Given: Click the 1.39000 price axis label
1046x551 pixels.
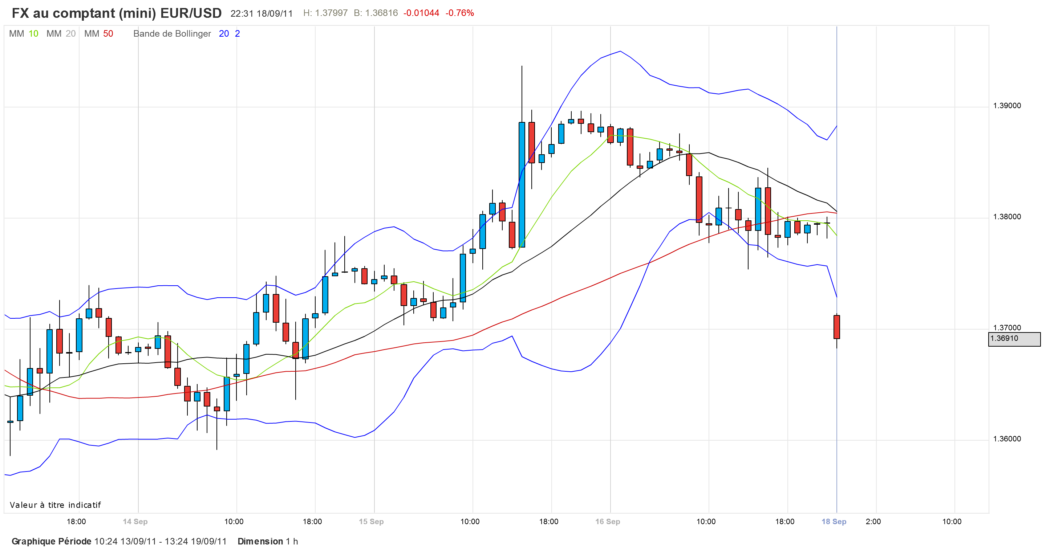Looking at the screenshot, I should click(1007, 106).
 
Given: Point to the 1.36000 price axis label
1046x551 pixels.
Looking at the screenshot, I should click(1007, 439).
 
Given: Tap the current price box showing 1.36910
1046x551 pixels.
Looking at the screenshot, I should click(1014, 339).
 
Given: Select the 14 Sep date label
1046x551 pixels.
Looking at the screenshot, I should click(135, 522).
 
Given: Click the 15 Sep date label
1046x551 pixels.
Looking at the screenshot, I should click(371, 522).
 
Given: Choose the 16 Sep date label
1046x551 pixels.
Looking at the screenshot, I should click(608, 522).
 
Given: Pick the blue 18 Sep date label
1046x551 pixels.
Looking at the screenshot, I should click(834, 522).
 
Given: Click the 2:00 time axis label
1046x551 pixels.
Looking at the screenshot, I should click(873, 522).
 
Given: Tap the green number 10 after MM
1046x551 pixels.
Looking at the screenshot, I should click(33, 34).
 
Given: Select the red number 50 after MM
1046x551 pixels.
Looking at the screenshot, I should click(108, 34).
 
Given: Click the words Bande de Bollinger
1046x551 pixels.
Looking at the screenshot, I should click(172, 34).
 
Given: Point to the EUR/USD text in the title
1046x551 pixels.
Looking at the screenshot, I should click(191, 13).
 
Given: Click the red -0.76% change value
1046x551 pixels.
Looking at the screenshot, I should click(460, 13).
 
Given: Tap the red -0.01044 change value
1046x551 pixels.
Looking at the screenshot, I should click(421, 13).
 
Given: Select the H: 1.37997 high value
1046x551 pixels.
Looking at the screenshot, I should click(325, 13).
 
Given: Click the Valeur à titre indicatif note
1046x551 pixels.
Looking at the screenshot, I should click(55, 505).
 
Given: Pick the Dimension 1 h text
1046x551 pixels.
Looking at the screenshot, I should click(268, 542).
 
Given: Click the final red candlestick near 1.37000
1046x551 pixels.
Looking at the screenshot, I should click(836, 327).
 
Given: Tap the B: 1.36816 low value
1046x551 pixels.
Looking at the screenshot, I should click(376, 13).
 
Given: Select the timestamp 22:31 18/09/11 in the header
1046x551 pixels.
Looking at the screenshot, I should click(261, 13).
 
